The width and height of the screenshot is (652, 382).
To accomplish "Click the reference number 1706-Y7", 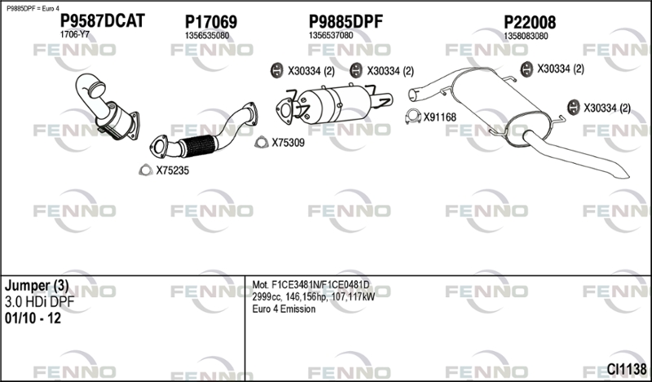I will (75, 36).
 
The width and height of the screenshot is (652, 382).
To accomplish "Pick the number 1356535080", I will (207, 36).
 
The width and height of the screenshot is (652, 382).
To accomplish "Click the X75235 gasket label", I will (172, 170).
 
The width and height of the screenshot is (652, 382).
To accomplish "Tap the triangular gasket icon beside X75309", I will (261, 143).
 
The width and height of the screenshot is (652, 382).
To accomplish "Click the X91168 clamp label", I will (439, 117).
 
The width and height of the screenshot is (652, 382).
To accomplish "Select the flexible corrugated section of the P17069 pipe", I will (196, 145).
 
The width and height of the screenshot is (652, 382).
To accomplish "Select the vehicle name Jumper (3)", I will (37, 286).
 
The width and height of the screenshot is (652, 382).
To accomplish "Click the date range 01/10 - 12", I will (32, 318).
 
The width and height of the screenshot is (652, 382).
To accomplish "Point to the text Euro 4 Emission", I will (284, 309).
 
